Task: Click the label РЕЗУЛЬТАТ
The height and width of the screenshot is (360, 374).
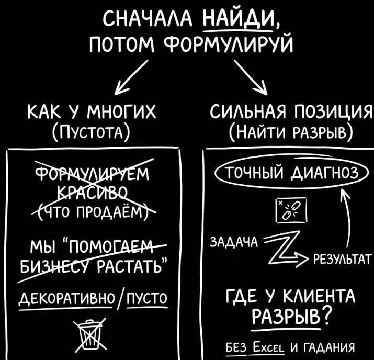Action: click(x=342, y=258)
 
